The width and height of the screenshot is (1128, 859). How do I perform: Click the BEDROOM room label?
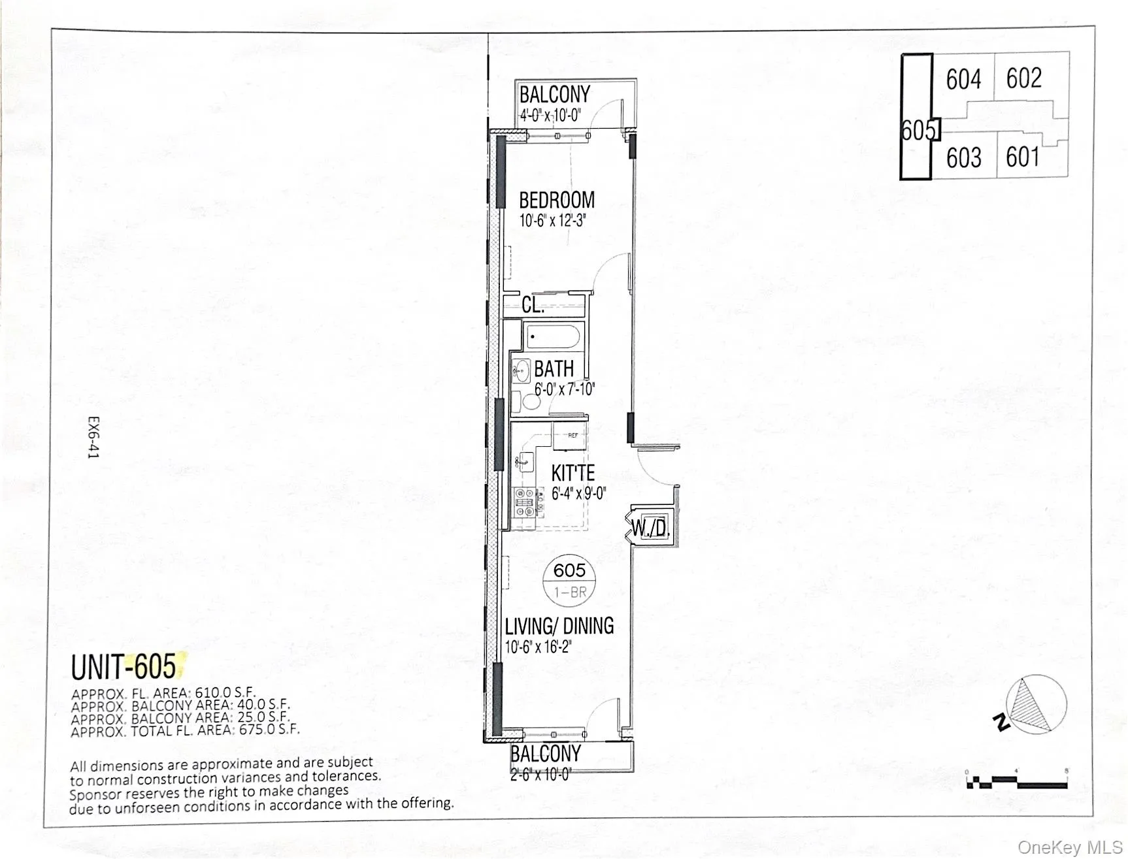(557, 200)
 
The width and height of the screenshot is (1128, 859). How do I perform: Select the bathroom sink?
(521, 371)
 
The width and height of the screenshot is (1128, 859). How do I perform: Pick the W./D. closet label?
(651, 528)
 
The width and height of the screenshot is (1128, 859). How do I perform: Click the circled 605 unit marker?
(569, 579)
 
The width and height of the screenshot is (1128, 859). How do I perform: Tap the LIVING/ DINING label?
(559, 626)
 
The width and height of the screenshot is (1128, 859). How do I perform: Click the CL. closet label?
(533, 305)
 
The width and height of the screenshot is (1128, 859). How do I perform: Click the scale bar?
(1017, 781)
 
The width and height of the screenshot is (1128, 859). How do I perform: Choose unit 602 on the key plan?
(1023, 78)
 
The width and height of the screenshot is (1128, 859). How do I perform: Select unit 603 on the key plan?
(963, 157)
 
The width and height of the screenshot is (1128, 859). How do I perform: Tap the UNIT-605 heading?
(124, 667)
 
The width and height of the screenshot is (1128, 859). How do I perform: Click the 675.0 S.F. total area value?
(269, 730)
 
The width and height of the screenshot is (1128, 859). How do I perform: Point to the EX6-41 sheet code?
(94, 437)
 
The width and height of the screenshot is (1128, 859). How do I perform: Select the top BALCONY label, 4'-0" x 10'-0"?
(554, 95)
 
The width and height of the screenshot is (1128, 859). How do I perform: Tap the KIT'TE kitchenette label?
(572, 473)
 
